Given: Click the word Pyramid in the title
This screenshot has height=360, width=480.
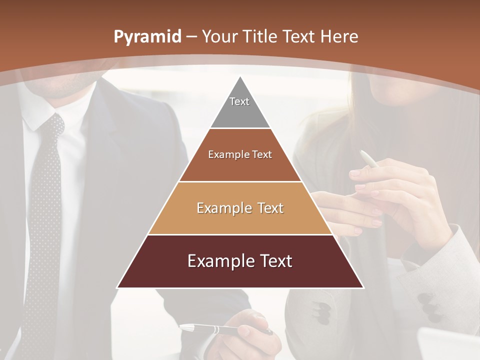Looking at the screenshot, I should point(147,37).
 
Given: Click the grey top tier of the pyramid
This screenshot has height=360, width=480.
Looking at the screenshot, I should point(240,107).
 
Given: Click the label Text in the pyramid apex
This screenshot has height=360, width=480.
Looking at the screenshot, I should point(239,101).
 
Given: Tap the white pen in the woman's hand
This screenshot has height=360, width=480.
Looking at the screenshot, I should point(368,159).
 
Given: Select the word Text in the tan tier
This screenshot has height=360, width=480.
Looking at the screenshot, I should point(267,208).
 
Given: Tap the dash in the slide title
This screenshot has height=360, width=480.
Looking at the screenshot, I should point(192,36).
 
